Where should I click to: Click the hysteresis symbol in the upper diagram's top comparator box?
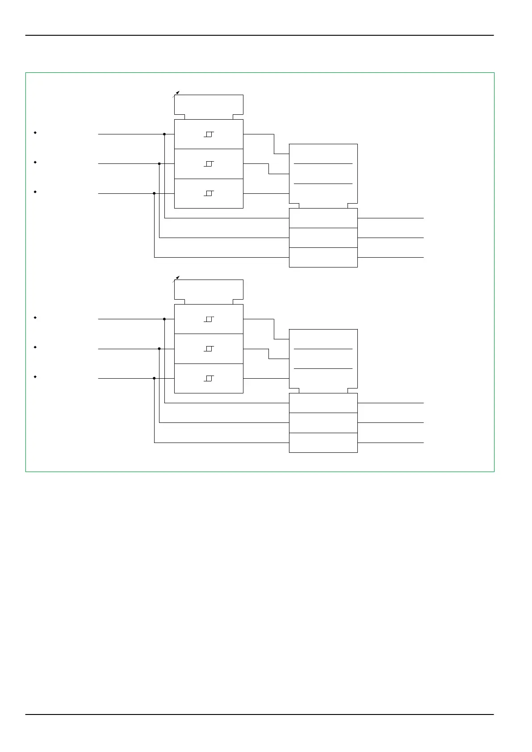[209, 134]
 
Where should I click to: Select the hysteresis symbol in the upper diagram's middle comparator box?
[209, 164]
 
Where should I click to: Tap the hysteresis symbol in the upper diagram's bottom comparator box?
[209, 193]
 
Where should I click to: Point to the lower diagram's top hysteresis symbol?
[209, 319]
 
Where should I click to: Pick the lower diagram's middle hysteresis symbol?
[209, 349]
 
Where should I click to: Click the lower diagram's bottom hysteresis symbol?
[209, 379]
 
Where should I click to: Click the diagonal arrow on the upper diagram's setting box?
[176, 94]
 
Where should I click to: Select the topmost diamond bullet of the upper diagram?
[35, 133]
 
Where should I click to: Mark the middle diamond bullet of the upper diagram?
[35, 162]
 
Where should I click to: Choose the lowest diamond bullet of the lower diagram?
[35, 377]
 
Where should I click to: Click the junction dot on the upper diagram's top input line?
[164, 134]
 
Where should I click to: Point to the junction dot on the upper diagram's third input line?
[154, 193]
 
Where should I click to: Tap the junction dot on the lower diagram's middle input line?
[159, 349]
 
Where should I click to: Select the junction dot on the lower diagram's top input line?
[164, 319]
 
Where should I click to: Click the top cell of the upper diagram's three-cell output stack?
[323, 218]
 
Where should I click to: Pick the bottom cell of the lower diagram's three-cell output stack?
[323, 443]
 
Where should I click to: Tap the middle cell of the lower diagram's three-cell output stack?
[323, 423]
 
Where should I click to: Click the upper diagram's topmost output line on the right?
[390, 218]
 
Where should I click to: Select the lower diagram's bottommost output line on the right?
[390, 443]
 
